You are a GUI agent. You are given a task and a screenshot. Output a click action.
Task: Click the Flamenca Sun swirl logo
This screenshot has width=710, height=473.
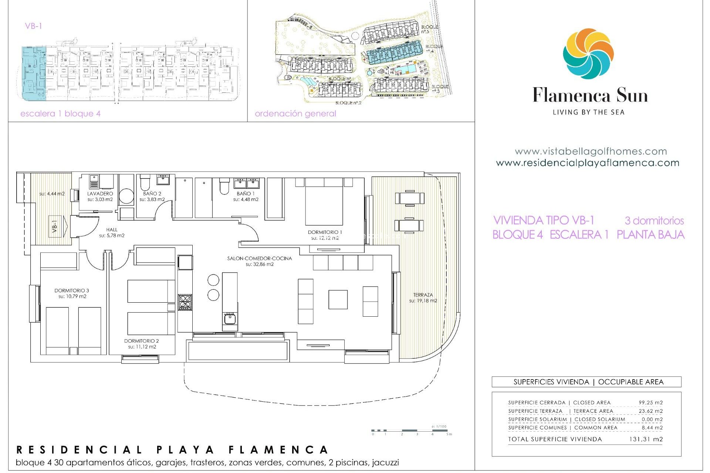point(588,54)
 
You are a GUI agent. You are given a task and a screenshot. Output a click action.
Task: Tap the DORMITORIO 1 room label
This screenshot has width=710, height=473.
point(325,232)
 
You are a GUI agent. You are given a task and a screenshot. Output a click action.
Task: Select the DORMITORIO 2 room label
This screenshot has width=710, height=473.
point(142,341)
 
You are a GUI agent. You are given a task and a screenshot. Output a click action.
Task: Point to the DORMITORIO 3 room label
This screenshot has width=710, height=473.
point(72,291)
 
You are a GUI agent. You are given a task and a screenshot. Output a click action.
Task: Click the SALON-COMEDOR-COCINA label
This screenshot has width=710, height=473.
point(259,259)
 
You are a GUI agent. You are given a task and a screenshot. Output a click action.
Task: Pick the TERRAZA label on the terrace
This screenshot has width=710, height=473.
point(423,295)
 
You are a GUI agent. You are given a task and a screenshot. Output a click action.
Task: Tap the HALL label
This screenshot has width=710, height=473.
point(112,230)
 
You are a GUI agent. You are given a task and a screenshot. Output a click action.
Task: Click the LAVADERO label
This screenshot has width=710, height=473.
point(100,194)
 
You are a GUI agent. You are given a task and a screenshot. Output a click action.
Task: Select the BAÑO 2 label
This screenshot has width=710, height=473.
point(152,194)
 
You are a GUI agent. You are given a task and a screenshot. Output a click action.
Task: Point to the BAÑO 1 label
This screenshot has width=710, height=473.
point(246,194)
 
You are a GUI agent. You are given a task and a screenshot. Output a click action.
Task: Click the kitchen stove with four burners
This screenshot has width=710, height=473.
point(185,302)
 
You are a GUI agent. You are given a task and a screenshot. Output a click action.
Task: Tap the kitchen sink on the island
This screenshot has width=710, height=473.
point(230,318)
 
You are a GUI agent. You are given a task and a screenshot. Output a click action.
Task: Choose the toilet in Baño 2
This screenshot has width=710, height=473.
point(145,183)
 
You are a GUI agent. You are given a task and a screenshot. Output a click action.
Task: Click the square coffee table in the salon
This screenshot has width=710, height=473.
point(338,299)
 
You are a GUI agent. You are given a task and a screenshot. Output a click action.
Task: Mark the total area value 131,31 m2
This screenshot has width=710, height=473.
point(646,439)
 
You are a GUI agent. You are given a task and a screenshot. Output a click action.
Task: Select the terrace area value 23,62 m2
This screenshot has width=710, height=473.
point(650,411)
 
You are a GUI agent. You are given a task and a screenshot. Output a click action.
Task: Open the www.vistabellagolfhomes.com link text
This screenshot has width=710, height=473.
point(591,152)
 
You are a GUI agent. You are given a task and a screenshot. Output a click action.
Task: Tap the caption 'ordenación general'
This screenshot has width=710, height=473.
point(295,114)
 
